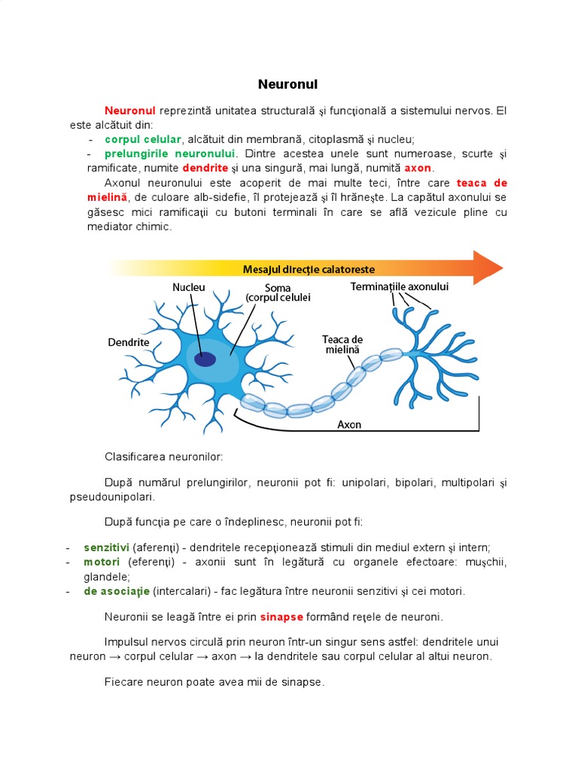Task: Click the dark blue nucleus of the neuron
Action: point(205,359)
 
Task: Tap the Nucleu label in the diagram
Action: point(188,287)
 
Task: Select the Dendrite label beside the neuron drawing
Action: point(129,341)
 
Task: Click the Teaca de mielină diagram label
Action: point(342,344)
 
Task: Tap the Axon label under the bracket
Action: point(349,424)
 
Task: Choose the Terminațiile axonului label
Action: point(400,286)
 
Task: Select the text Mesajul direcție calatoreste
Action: point(309,268)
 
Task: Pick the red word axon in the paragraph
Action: point(418,168)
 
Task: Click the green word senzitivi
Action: point(107,547)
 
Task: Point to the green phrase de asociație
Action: point(117,591)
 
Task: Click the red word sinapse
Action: point(281,617)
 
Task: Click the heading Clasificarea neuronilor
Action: point(164,456)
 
